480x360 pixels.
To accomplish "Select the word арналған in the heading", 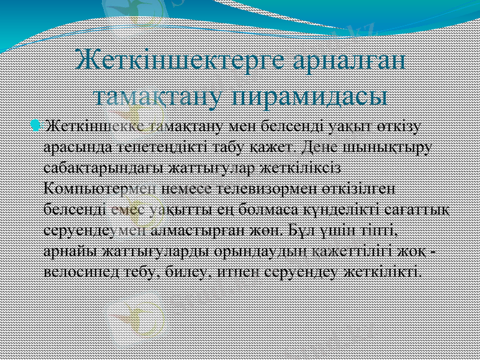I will [350, 62].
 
